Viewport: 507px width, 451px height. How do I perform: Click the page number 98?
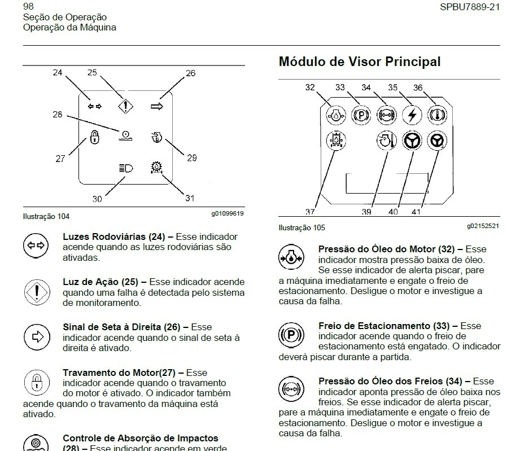[x=28, y=7]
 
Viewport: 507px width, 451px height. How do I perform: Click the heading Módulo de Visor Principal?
[x=360, y=62]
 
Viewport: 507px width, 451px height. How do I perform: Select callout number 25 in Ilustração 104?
[x=92, y=72]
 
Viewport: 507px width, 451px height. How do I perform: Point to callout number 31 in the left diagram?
[x=190, y=198]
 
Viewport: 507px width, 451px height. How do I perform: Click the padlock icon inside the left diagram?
[x=95, y=137]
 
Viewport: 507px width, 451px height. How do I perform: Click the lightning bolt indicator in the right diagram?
[x=410, y=114]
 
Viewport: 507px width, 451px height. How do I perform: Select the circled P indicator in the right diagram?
[x=359, y=114]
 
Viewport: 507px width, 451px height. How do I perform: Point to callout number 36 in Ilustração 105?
[x=418, y=87]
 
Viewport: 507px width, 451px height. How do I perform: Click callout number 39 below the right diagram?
[x=366, y=212]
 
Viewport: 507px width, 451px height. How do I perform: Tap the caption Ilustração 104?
[x=46, y=216]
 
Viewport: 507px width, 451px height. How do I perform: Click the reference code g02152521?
[x=483, y=226]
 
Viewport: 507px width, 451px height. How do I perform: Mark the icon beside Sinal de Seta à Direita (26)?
[x=35, y=337]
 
